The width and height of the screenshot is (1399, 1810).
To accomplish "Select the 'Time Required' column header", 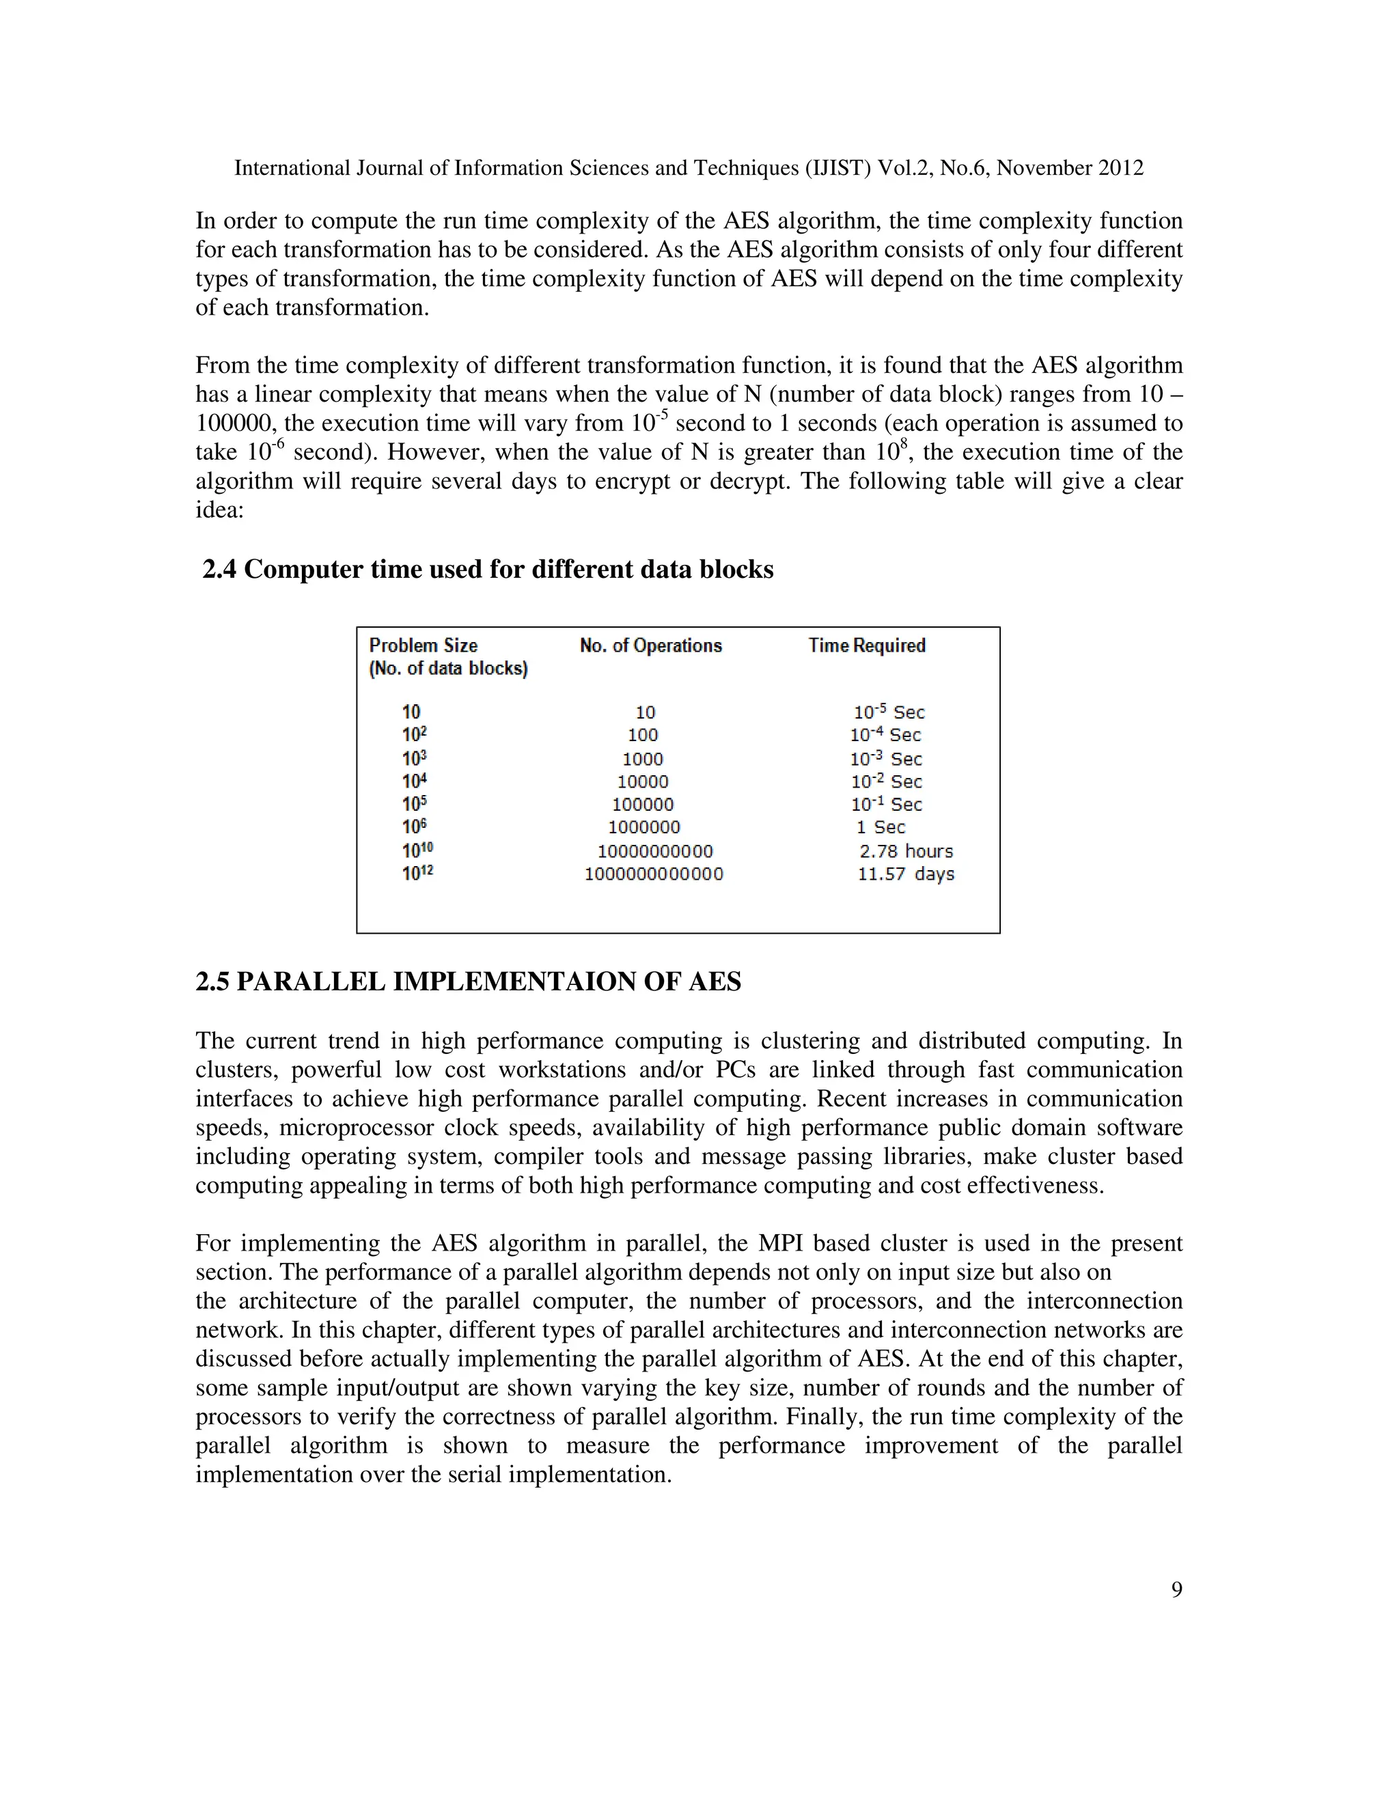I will [867, 645].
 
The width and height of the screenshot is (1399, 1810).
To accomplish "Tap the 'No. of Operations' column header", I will [650, 645].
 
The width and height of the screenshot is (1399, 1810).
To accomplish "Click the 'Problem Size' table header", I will [424, 645].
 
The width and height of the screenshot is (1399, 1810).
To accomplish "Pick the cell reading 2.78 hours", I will [906, 851].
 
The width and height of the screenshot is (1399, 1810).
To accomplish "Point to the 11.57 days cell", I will [906, 874].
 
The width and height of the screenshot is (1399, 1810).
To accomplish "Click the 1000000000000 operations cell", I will [654, 874].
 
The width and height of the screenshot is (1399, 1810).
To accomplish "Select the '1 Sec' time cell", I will [881, 827].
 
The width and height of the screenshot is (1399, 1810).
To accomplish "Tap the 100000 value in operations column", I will [643, 804].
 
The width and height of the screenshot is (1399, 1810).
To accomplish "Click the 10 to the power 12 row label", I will [417, 873].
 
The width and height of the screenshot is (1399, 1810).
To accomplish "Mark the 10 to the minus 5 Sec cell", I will [889, 712].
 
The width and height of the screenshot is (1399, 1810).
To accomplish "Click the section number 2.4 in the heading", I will [220, 570].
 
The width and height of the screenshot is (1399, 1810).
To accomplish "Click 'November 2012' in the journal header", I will [1070, 168].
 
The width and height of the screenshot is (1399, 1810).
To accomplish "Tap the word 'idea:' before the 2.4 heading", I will [220, 510].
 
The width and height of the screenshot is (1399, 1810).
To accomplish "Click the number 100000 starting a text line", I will [236, 423].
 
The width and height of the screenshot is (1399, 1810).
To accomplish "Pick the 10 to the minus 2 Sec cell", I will [886, 781].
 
